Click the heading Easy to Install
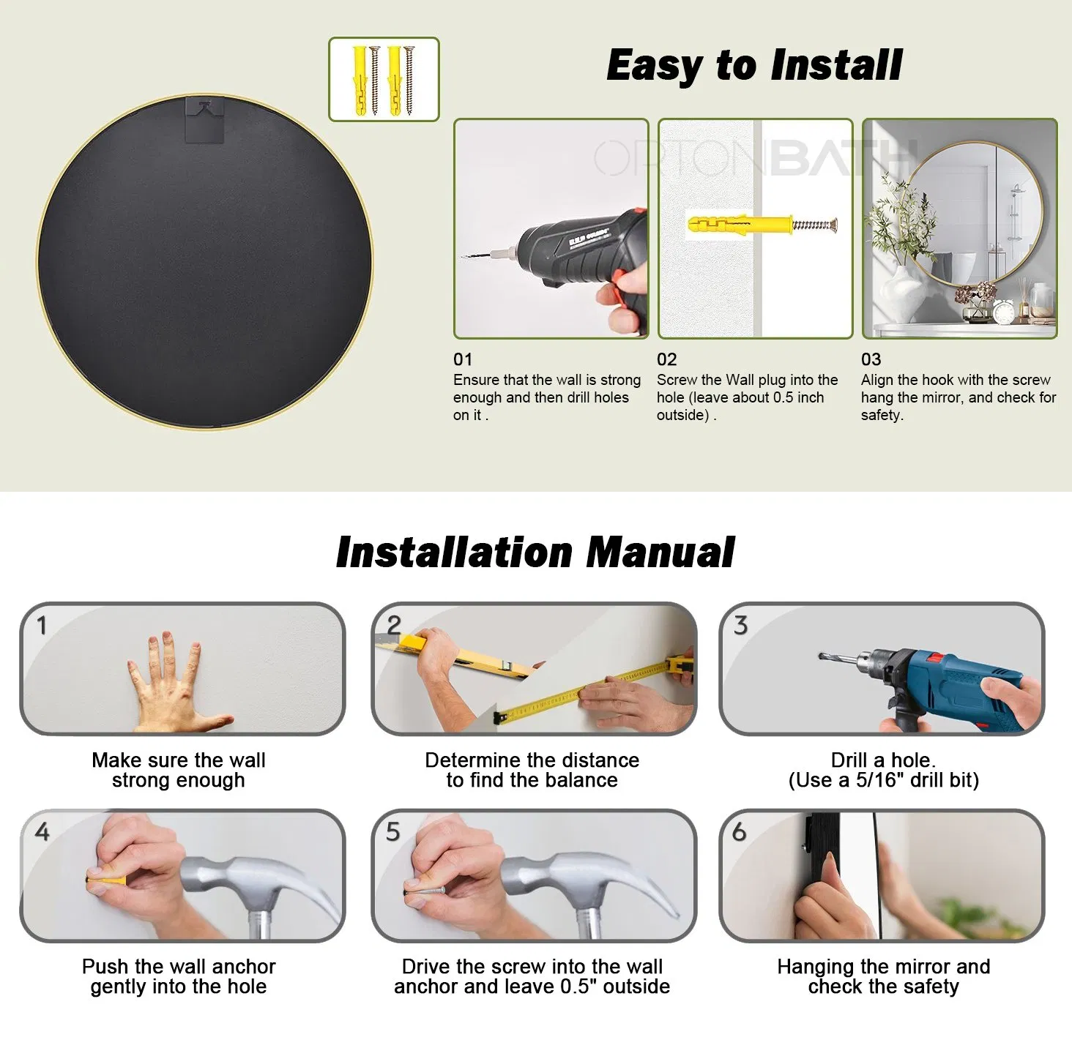tap(754, 66)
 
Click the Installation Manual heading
tap(535, 552)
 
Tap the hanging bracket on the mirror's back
tap(204, 119)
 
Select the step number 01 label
tap(463, 359)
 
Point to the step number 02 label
tap(666, 359)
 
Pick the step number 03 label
tap(871, 359)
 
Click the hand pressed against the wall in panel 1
tap(176, 683)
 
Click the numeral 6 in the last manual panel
tap(740, 831)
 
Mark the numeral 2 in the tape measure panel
tap(393, 625)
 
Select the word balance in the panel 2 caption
tap(583, 780)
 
